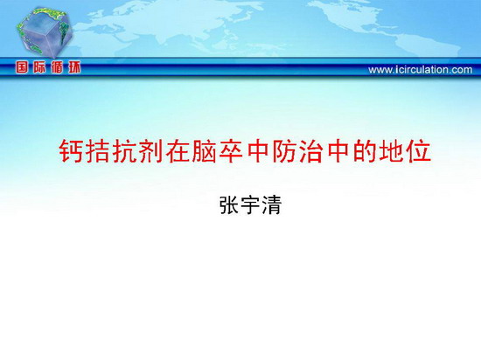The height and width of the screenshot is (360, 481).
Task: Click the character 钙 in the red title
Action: [x=71, y=151]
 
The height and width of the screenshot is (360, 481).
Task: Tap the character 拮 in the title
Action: [x=97, y=151]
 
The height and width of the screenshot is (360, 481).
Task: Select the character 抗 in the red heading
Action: [x=124, y=151]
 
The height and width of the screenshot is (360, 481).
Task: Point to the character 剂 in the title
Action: [x=150, y=151]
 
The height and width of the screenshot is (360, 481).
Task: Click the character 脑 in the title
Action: [x=204, y=151]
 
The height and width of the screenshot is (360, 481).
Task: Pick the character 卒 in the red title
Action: [x=231, y=151]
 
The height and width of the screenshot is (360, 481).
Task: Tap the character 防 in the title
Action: [x=284, y=151]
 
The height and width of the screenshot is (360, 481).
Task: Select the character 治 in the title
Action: [x=311, y=151]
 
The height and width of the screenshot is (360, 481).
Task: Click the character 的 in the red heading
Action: [x=365, y=151]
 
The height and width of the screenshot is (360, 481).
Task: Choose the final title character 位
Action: [x=418, y=151]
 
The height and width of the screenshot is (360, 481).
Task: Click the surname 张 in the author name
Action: [x=229, y=204]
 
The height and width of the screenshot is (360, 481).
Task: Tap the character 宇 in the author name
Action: [x=250, y=204]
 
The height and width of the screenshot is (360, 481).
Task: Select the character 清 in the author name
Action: [x=271, y=204]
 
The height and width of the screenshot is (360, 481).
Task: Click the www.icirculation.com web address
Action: [x=421, y=70]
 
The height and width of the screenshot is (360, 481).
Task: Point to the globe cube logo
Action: [x=45, y=33]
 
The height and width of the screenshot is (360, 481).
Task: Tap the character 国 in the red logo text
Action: [x=22, y=67]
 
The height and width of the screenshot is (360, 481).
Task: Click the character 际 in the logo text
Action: [x=39, y=67]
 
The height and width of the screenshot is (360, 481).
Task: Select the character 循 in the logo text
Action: [x=57, y=67]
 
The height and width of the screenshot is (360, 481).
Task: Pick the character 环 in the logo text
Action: [x=74, y=67]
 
